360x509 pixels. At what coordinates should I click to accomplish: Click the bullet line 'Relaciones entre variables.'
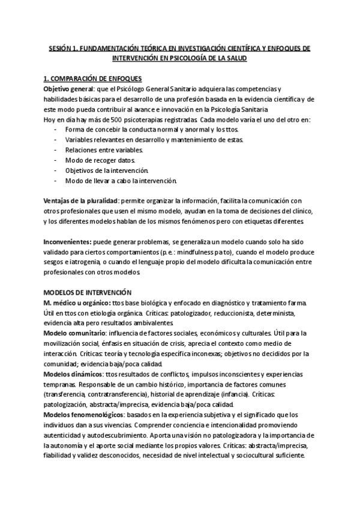pyautogui.click(x=104, y=150)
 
